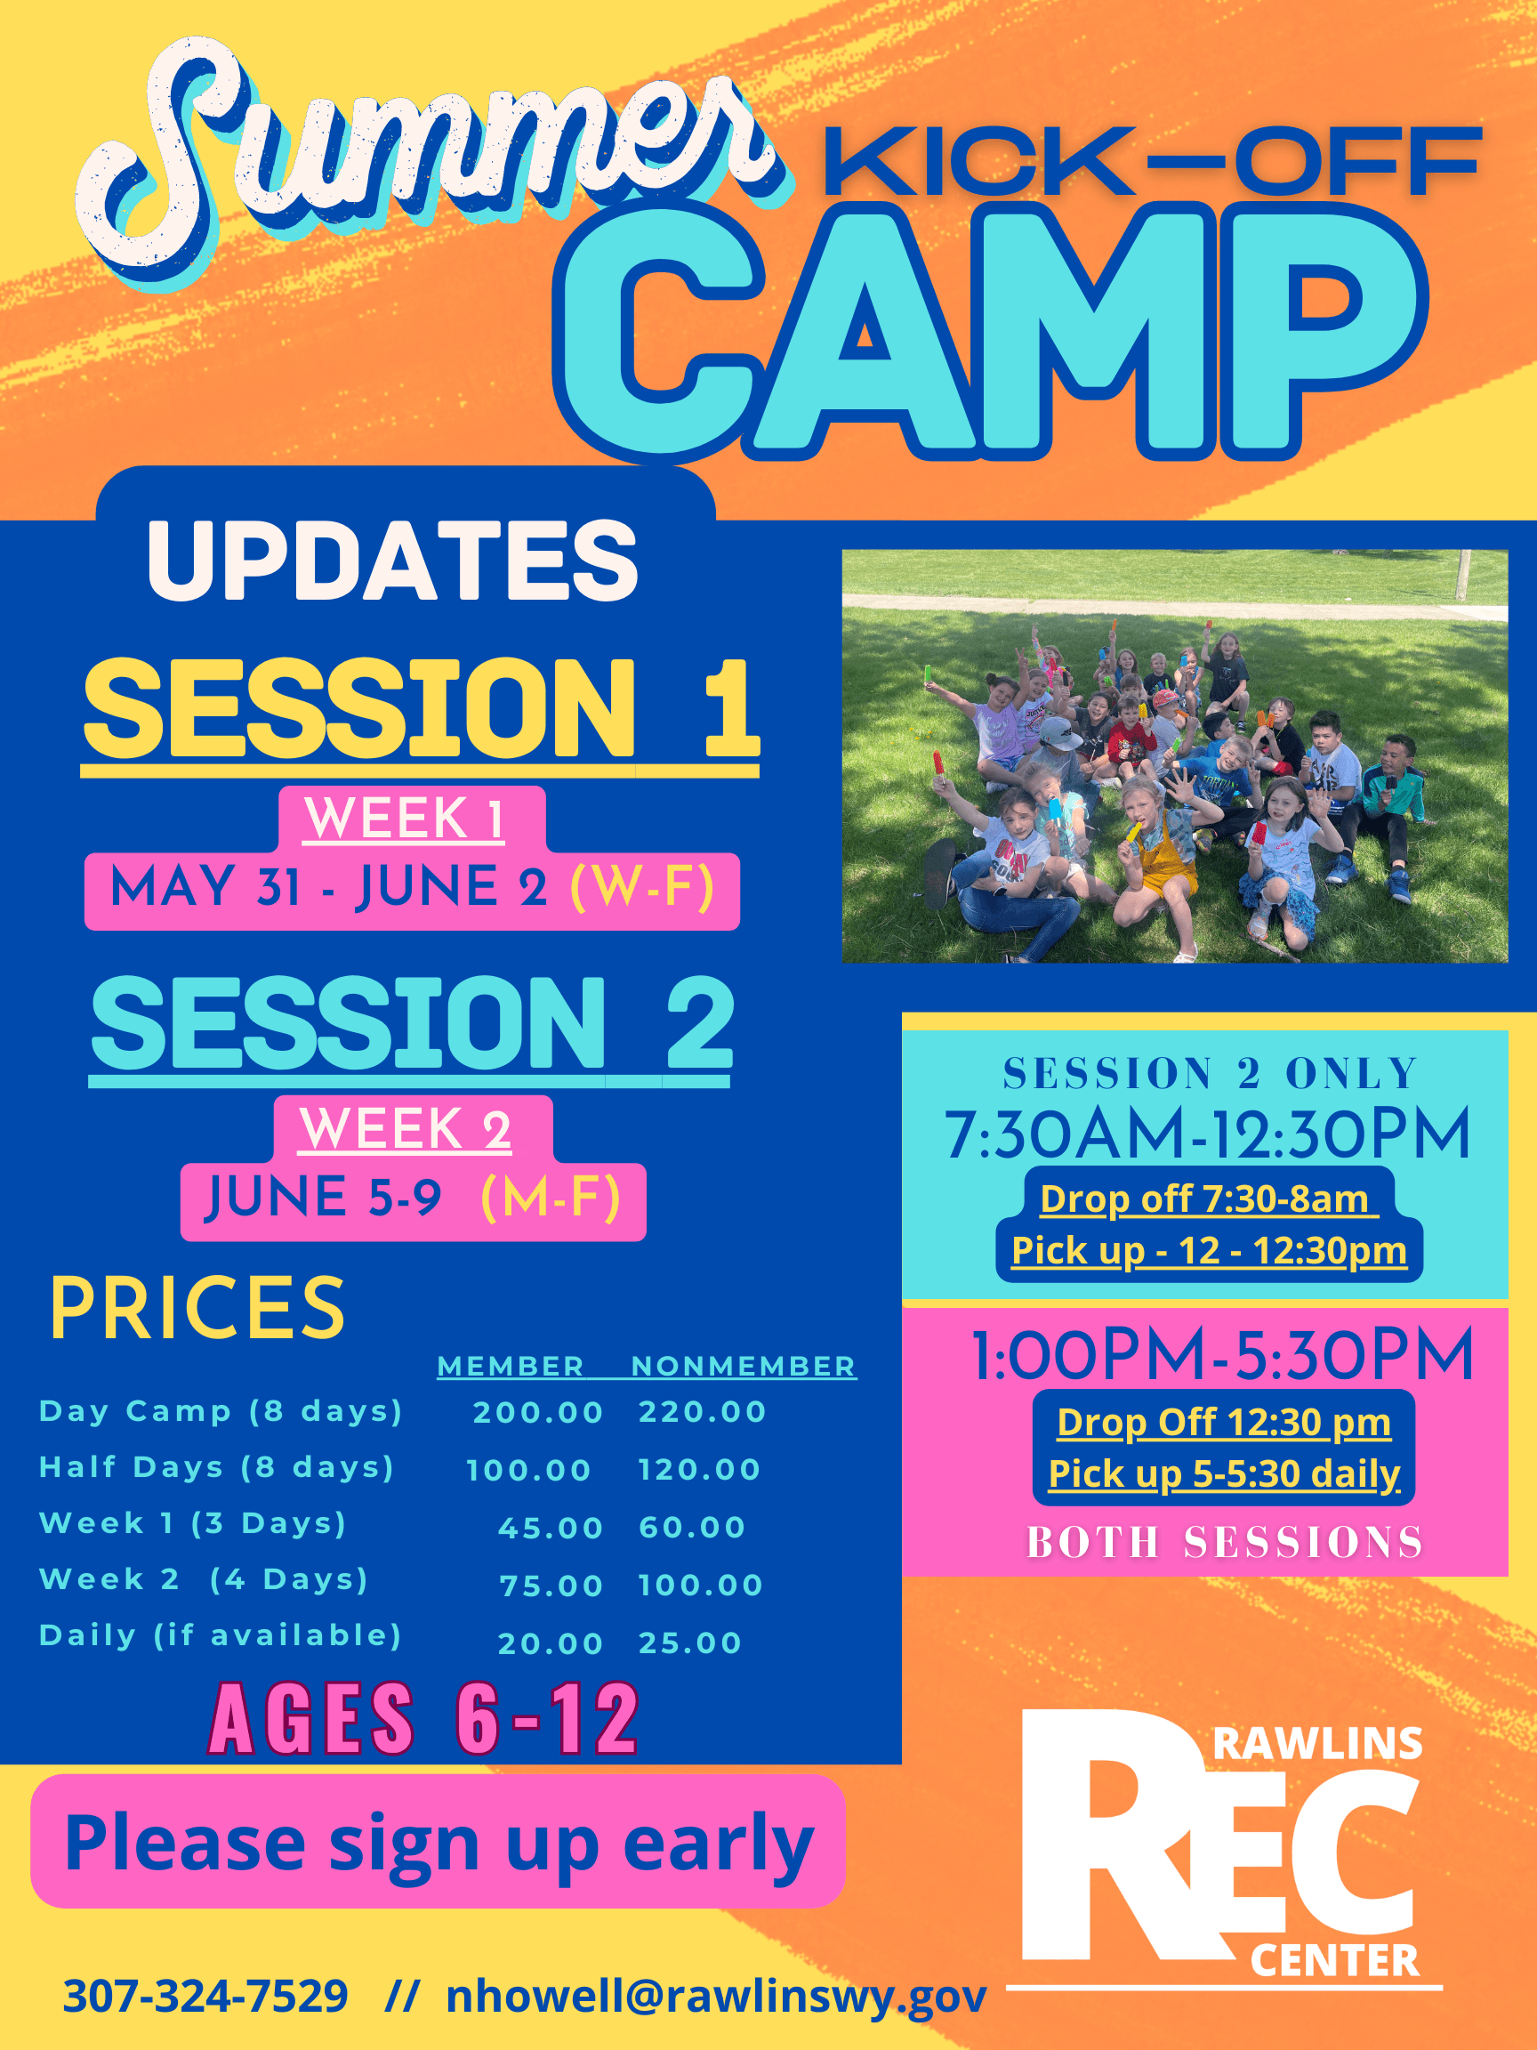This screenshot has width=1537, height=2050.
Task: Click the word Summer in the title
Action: click(431, 162)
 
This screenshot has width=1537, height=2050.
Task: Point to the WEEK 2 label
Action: click(405, 1129)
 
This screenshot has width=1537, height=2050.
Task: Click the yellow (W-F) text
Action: click(642, 887)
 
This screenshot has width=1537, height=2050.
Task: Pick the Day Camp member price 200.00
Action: click(538, 1412)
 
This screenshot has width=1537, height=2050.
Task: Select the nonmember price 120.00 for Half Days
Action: click(699, 1470)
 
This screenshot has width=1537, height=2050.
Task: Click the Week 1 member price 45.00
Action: click(551, 1529)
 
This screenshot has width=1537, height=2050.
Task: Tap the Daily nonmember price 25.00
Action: click(690, 1643)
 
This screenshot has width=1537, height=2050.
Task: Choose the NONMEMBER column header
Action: click(743, 1366)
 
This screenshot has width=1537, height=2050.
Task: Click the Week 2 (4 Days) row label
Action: click(204, 1579)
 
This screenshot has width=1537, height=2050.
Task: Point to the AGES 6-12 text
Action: click(424, 1720)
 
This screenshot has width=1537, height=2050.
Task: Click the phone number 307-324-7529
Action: click(205, 1996)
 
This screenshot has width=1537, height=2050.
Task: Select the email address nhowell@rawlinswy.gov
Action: click(716, 1997)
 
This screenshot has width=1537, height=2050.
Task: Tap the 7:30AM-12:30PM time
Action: click(1207, 1134)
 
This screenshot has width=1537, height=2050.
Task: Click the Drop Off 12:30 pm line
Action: click(1224, 1423)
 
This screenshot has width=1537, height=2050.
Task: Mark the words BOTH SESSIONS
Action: click(1225, 1542)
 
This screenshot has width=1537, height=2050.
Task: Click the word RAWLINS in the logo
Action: click(1317, 1744)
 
